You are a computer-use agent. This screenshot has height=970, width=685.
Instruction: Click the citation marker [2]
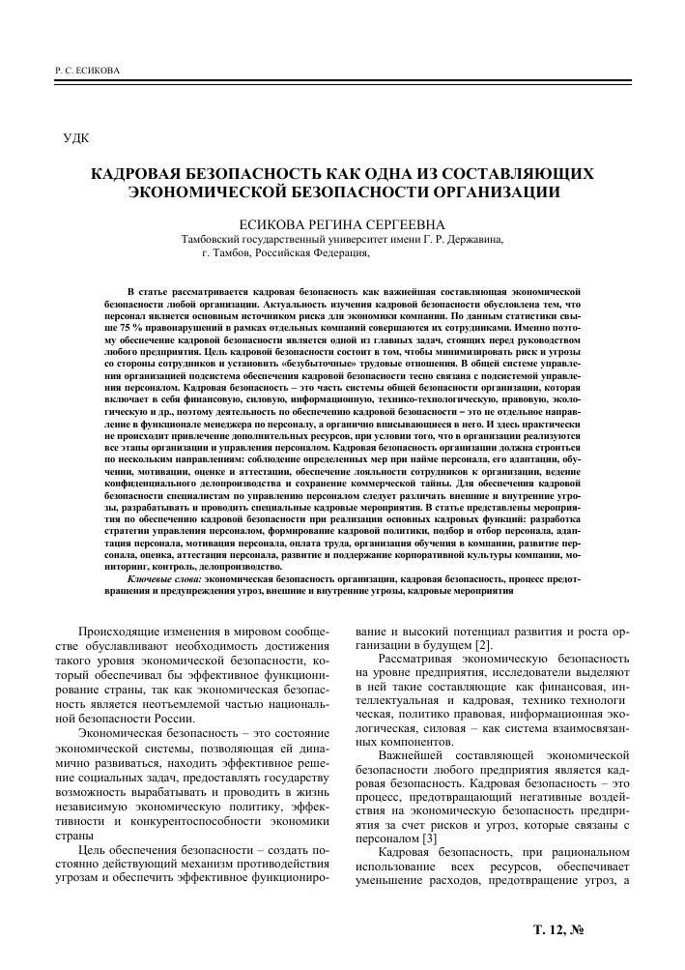click(x=485, y=643)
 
